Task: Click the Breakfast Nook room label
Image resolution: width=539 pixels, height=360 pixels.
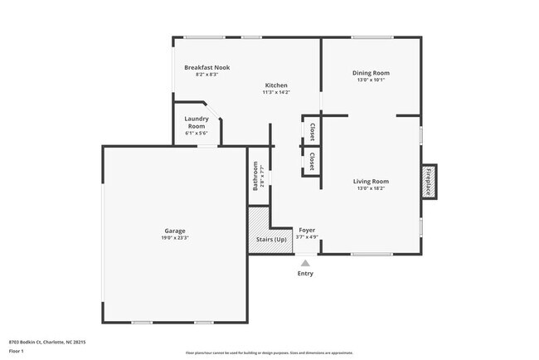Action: pos(206,67)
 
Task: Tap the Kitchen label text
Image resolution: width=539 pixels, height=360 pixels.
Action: pos(276,85)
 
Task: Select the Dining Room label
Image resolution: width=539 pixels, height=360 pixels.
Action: pos(371,73)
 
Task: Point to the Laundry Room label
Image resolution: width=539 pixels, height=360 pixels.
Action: pos(196,122)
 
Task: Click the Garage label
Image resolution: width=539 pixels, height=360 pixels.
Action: pos(174,231)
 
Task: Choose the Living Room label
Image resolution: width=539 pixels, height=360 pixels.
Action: pos(371,181)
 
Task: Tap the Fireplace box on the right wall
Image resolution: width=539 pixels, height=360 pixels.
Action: pos(429,181)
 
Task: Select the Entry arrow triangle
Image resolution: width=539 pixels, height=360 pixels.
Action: pos(305,263)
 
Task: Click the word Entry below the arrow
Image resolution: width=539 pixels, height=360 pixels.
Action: pos(305,273)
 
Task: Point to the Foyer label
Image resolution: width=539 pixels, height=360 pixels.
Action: pos(307,230)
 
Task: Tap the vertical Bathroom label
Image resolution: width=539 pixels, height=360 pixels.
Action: pos(256,176)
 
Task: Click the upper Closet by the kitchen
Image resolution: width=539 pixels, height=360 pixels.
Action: pos(312,132)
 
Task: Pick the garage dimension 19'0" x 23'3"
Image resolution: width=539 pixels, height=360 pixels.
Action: pos(174,238)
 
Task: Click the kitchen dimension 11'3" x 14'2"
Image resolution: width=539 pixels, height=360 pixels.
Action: pos(276,93)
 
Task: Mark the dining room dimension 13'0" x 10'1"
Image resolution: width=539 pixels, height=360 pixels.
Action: pos(371,80)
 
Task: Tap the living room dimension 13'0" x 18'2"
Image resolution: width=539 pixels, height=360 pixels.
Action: pos(371,188)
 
